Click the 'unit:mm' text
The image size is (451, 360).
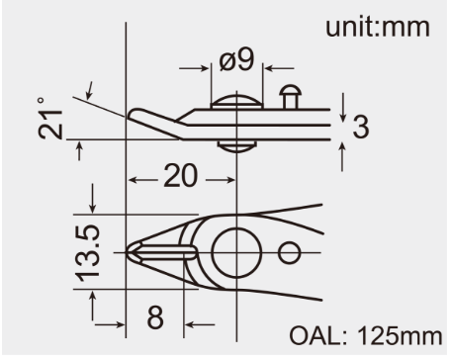(x=378, y=27)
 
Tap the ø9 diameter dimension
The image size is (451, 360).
(x=236, y=59)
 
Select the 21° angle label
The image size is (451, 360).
(x=50, y=118)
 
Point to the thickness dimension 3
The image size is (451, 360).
(x=361, y=127)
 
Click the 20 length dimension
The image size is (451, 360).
(x=181, y=176)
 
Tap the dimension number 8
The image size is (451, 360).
(x=155, y=317)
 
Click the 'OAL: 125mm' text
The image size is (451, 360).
(x=366, y=336)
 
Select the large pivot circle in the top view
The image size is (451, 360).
(x=212, y=252)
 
